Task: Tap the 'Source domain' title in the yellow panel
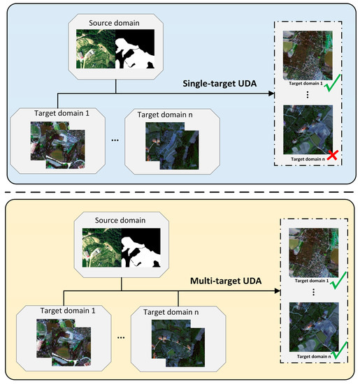click(x=122, y=219)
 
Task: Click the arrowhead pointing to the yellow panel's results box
click(x=275, y=288)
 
